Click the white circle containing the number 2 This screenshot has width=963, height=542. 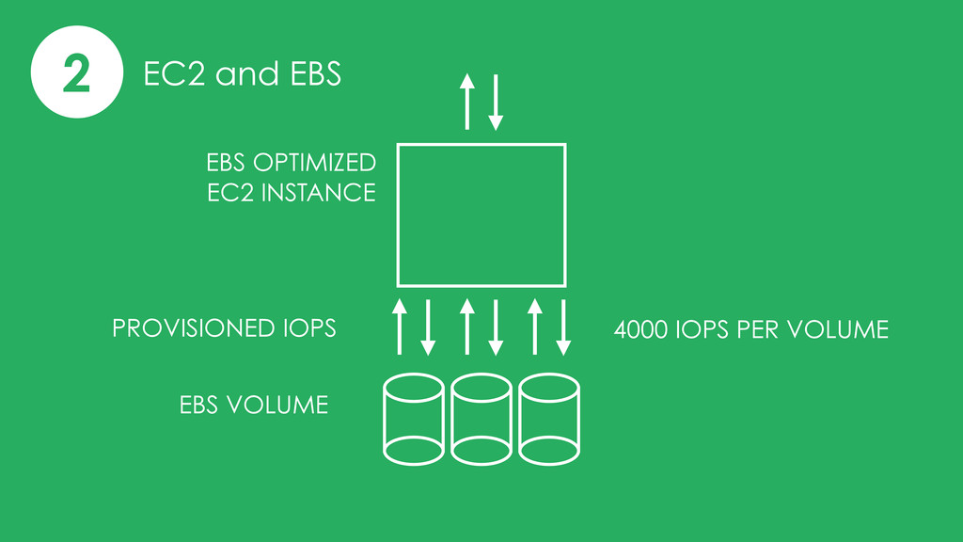pyautogui.click(x=77, y=72)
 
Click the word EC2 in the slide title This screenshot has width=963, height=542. pyautogui.click(x=174, y=73)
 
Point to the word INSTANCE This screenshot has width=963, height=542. pyautogui.click(x=318, y=193)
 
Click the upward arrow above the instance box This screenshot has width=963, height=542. pyautogui.click(x=467, y=102)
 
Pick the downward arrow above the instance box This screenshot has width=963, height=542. pyautogui.click(x=496, y=103)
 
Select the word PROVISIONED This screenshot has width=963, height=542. pyautogui.click(x=194, y=328)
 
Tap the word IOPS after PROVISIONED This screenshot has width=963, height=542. pyautogui.click(x=309, y=328)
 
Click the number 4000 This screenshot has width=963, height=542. pyautogui.click(x=641, y=330)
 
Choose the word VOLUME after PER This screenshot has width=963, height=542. pyautogui.click(x=838, y=330)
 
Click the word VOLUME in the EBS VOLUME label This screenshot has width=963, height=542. pyautogui.click(x=277, y=405)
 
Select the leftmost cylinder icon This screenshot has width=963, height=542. pyautogui.click(x=384, y=419)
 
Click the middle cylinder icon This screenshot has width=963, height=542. pyautogui.click(x=451, y=419)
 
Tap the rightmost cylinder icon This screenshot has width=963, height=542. pyautogui.click(x=519, y=419)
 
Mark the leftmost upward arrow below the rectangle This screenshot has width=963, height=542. pyautogui.click(x=400, y=327)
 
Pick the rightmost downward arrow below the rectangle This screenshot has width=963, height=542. pyautogui.click(x=563, y=327)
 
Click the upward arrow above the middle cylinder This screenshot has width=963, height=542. pyautogui.click(x=467, y=327)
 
